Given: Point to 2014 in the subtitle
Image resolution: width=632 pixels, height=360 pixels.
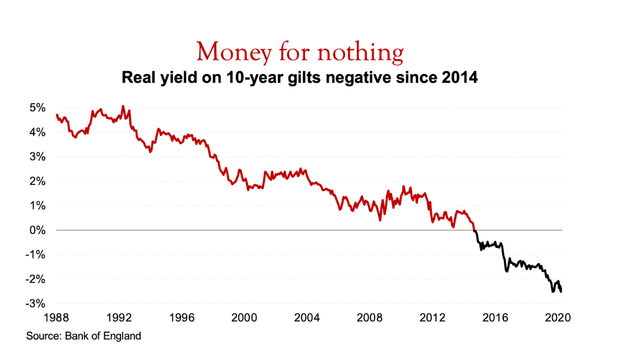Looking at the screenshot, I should pos(459,77).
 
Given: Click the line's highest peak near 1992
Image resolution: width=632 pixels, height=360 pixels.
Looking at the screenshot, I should pos(123,106).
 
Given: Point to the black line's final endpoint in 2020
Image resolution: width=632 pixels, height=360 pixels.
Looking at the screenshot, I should pos(561,292).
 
